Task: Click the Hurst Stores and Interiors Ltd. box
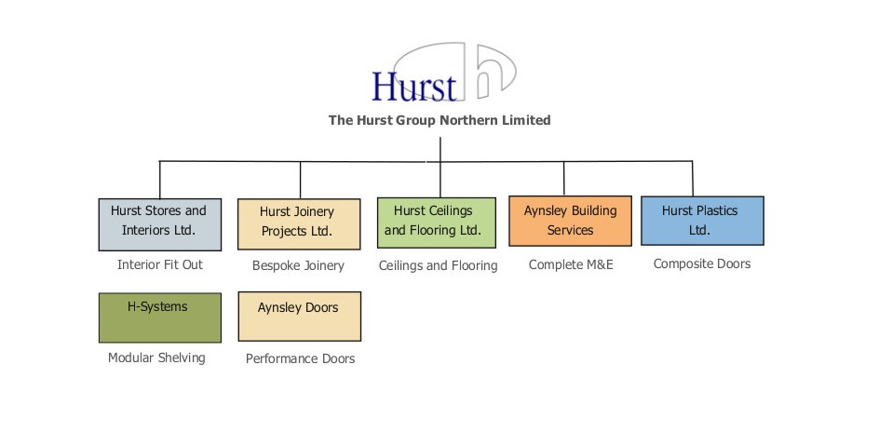[x=160, y=224]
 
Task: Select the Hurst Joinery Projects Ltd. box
[x=299, y=224]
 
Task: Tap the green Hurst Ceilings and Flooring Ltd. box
[x=437, y=223]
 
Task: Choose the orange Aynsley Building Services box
[x=570, y=221]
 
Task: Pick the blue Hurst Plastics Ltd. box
[x=702, y=221]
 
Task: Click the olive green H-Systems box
[x=160, y=317]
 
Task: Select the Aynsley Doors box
[x=299, y=317]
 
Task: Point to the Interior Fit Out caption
[x=160, y=264]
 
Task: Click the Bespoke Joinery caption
[x=298, y=265]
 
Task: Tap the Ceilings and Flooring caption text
[x=438, y=265]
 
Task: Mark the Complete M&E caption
[x=570, y=264]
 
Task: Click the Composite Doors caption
[x=702, y=263]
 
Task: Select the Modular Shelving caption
[x=156, y=358]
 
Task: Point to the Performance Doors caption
[x=300, y=358]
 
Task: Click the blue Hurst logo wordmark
[x=414, y=86]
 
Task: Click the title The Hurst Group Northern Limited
[x=439, y=120]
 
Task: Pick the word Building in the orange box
[x=594, y=210]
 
